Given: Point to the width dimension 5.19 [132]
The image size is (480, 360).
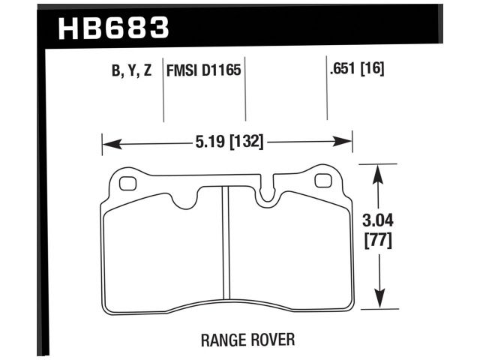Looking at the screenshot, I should pos(229,140).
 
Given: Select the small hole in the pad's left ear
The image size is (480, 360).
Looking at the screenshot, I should pos(127,181).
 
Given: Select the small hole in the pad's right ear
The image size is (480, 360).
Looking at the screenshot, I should pos(324,181).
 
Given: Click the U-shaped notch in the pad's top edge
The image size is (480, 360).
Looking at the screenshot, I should pos(267,193).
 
